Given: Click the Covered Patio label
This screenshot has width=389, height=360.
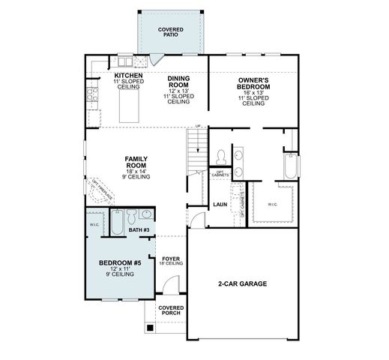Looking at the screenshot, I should (x=171, y=32).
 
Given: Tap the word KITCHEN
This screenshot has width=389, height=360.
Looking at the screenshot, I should (x=128, y=76).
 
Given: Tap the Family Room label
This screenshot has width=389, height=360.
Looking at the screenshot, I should (x=136, y=167).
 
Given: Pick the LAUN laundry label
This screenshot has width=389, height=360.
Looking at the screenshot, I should (x=220, y=204).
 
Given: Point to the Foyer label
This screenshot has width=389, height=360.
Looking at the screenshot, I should (x=171, y=259).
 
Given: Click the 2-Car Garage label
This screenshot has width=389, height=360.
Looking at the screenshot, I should (x=243, y=283).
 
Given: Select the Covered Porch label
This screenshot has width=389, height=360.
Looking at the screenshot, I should (x=171, y=311).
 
